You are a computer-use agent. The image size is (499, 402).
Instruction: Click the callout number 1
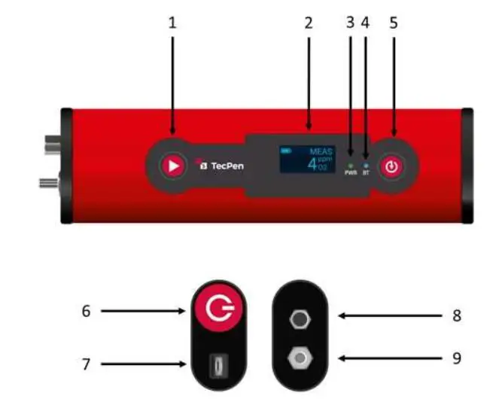[x=172, y=23]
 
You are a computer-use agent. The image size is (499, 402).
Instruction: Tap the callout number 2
[x=308, y=23]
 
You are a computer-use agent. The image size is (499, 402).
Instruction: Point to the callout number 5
[x=394, y=23]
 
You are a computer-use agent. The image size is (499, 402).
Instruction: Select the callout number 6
[x=86, y=310]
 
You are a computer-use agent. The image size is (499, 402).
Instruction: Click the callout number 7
[x=86, y=364]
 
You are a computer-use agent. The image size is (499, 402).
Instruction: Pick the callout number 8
[x=456, y=316]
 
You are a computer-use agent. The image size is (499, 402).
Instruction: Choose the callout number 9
[x=456, y=358]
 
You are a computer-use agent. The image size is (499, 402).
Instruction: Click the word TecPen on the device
[x=226, y=165]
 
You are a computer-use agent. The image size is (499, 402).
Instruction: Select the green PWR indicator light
[x=350, y=163]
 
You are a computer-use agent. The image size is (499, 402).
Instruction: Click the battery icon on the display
[x=284, y=151]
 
